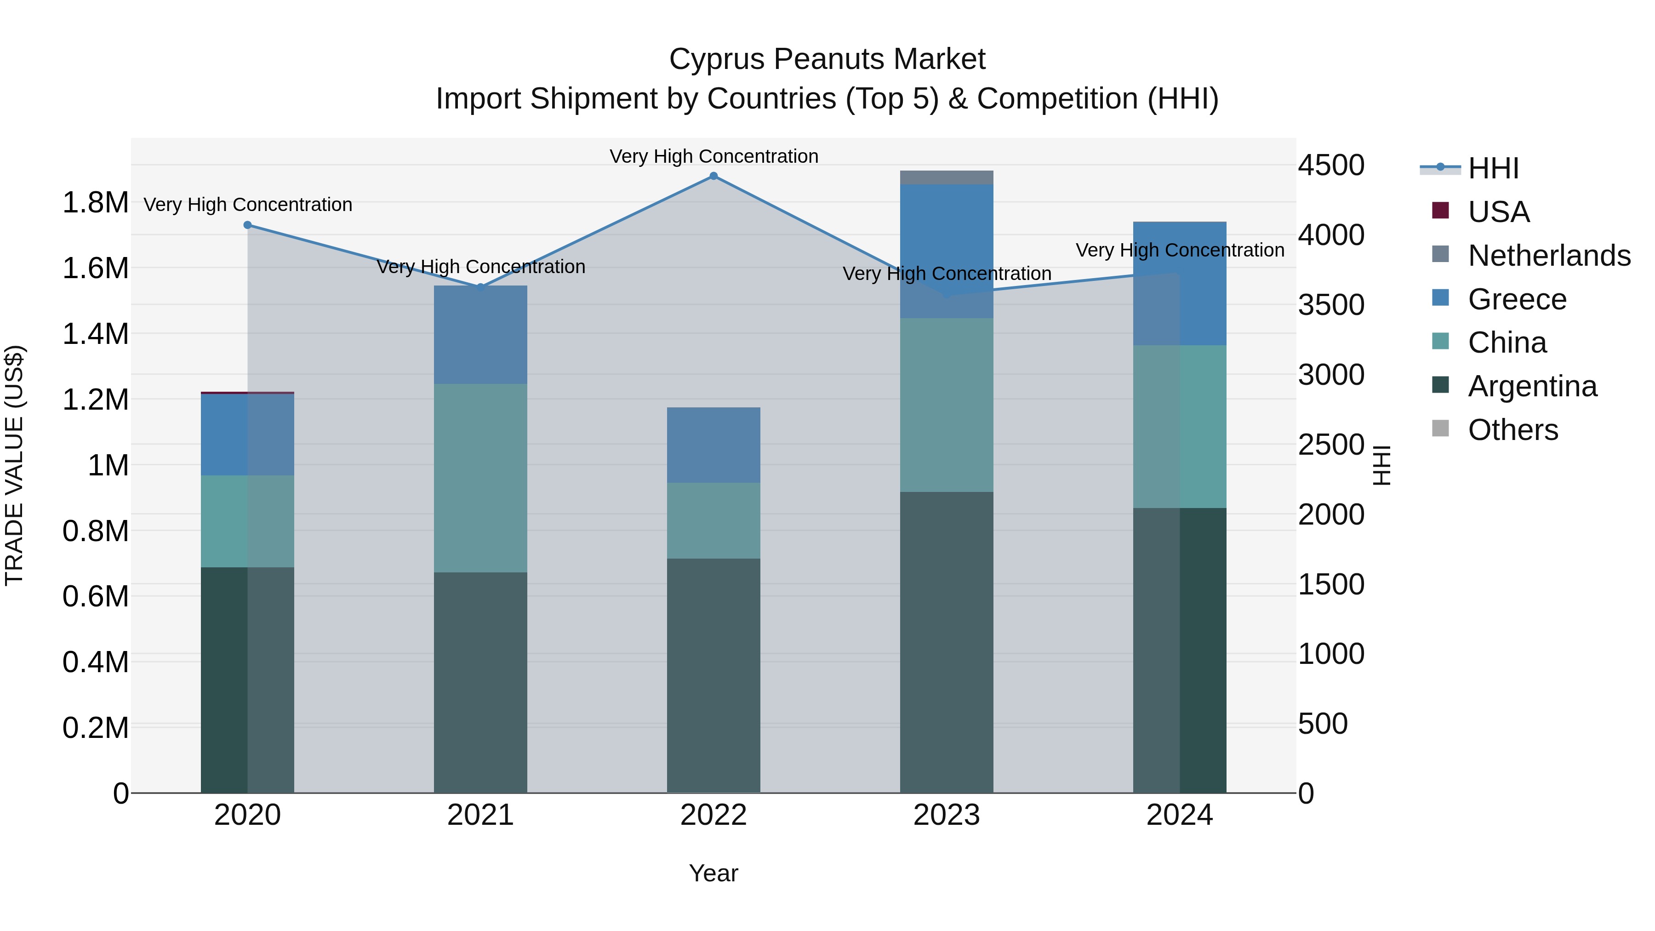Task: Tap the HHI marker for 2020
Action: [x=247, y=225]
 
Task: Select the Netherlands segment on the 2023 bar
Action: [x=947, y=177]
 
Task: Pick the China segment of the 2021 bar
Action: [x=480, y=478]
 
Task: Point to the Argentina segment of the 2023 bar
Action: [x=947, y=643]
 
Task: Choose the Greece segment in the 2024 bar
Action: [x=1180, y=283]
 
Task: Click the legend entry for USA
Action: [x=1498, y=212]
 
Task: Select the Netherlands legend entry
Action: [x=1549, y=256]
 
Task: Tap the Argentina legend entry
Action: [x=1532, y=386]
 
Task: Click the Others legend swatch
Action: [x=1441, y=428]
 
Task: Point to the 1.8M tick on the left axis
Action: [x=95, y=203]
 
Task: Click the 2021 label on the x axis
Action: [x=480, y=815]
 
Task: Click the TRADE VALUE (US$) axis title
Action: [x=14, y=465]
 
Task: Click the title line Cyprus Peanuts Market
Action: [x=827, y=59]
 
